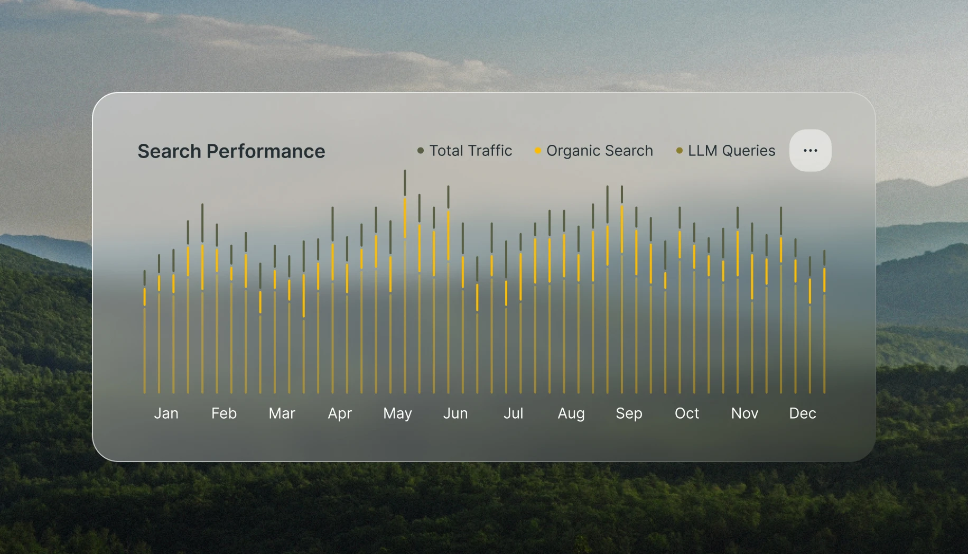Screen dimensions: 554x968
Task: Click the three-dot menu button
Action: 810,151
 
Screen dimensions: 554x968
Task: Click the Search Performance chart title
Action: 231,151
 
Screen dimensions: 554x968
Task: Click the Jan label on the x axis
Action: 166,413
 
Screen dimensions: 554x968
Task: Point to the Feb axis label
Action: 224,413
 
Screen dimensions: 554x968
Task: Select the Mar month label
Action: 282,413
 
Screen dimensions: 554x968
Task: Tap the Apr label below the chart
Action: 340,413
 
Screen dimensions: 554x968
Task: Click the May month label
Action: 397,413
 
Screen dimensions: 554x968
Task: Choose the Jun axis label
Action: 455,413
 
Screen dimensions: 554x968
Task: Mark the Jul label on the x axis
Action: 513,413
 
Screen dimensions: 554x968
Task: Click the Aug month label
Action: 571,413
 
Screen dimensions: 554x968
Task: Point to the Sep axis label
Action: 629,413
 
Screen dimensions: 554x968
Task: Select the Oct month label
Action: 687,413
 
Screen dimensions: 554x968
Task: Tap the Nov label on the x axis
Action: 744,413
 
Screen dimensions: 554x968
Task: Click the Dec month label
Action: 803,413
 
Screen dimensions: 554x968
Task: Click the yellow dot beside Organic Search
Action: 538,151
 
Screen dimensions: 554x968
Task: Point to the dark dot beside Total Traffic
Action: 421,151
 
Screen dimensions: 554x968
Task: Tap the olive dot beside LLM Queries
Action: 680,151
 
